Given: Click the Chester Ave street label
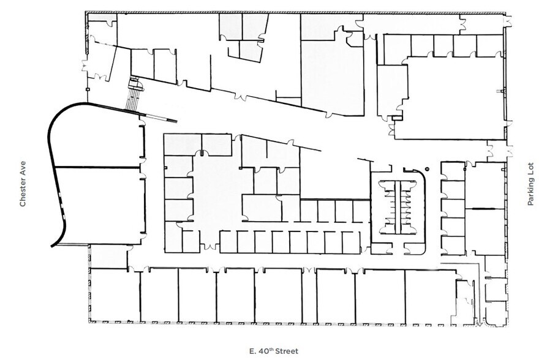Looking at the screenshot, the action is click(x=23, y=184).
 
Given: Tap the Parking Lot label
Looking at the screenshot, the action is click(x=530, y=184).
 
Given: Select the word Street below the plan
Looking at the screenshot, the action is click(x=287, y=351).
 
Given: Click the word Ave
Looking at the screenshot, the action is click(x=23, y=167).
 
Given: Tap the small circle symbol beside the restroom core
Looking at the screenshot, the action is click(x=428, y=169).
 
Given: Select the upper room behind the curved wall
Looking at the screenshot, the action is click(x=97, y=137).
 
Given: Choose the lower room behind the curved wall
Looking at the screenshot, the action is click(x=101, y=206).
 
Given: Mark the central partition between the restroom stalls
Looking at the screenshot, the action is click(x=398, y=207).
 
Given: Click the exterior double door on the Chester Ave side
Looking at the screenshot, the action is click(x=85, y=66).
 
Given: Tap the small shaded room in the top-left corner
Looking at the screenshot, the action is click(x=97, y=17).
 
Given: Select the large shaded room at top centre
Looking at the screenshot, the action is click(x=332, y=77).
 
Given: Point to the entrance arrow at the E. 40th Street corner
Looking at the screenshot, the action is click(x=480, y=323).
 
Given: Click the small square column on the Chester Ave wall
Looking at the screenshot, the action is click(x=87, y=89).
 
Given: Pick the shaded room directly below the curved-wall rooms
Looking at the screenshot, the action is click(x=109, y=257).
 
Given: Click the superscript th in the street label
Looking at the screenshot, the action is click(x=271, y=349).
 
